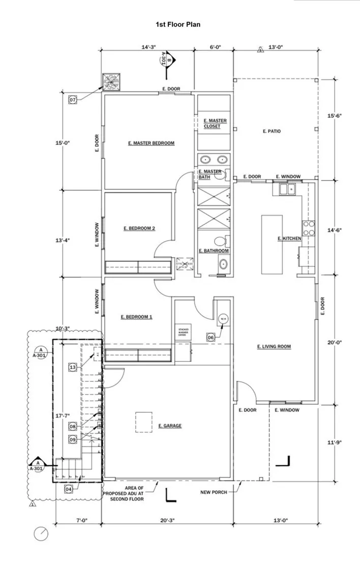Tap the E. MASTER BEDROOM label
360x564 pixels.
point(151,143)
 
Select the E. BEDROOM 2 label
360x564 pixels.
point(139,229)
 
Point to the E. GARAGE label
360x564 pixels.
point(170,426)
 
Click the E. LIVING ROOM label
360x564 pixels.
point(274,347)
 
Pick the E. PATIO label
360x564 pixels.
point(272,131)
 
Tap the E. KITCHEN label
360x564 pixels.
point(289,239)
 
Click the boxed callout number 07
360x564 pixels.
point(73,100)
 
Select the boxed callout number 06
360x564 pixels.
point(211,336)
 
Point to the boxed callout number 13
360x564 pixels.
point(73,367)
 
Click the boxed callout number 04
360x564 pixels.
point(69,489)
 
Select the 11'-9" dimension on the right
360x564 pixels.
point(334,442)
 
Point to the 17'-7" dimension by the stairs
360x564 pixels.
point(62,416)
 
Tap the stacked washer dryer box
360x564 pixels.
point(183,333)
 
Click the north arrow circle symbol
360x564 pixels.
point(41,534)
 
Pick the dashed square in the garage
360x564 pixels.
point(143,422)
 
